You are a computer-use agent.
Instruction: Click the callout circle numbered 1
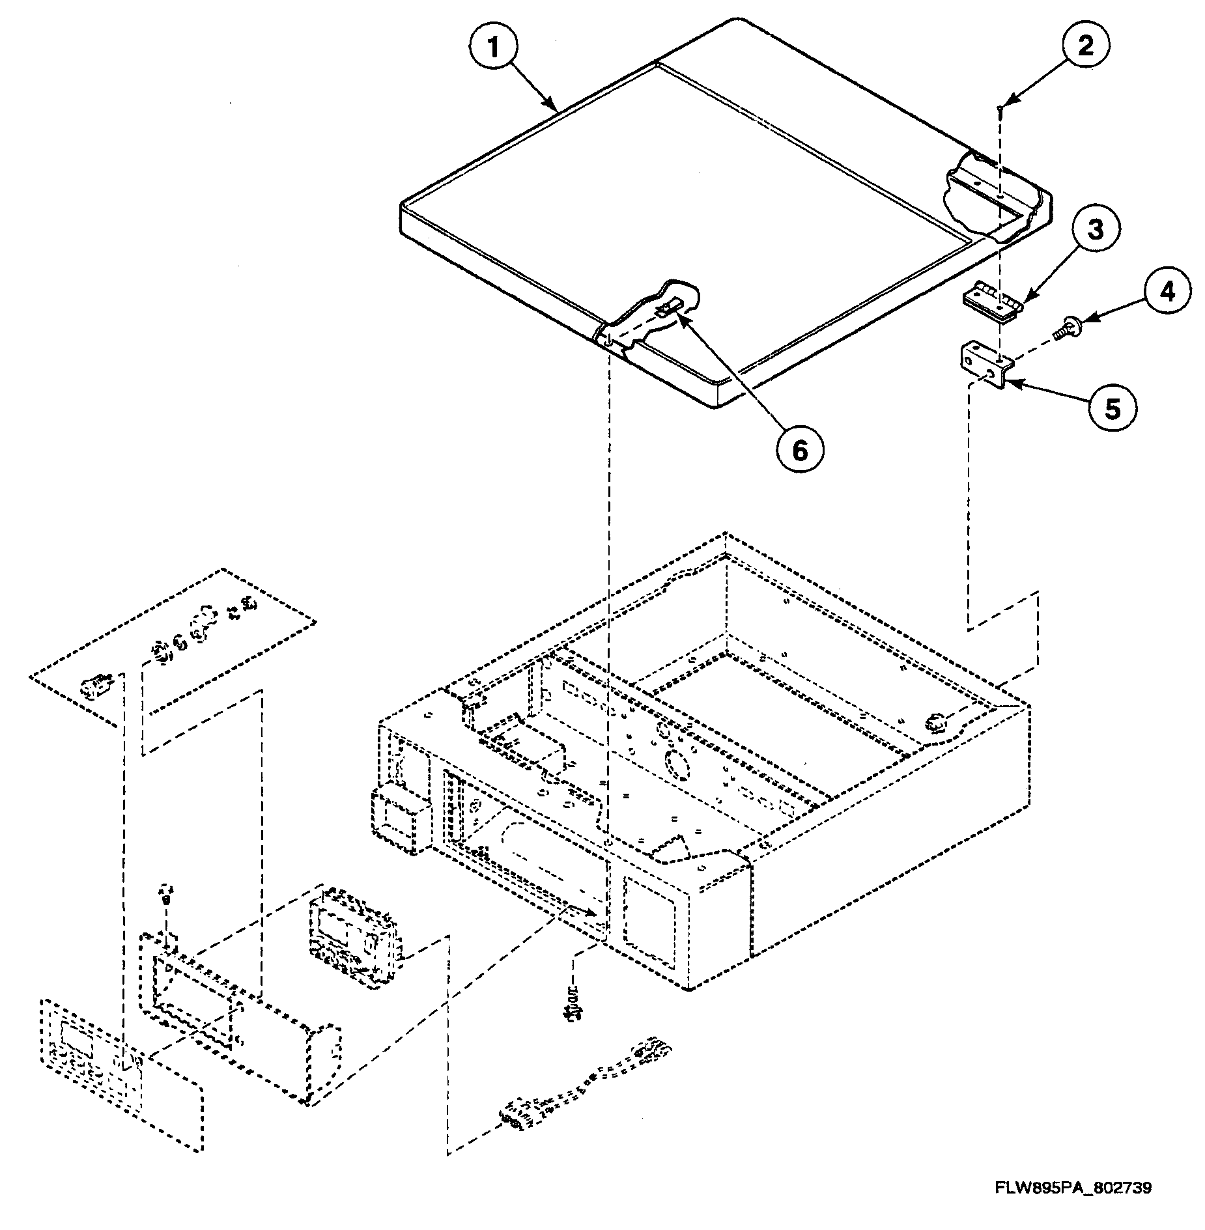[494, 48]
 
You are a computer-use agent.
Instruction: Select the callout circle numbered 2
[1085, 45]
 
